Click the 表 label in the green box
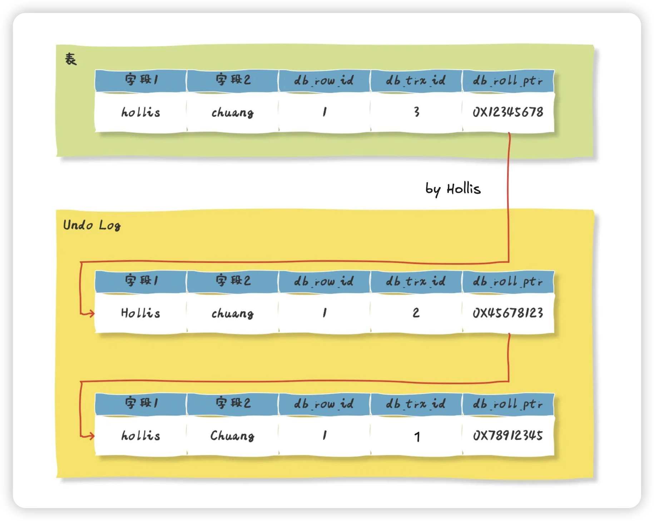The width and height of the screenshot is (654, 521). click(x=71, y=59)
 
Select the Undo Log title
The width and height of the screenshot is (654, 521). click(x=92, y=225)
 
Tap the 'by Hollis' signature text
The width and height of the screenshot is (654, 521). click(x=453, y=189)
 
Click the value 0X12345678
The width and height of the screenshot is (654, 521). click(x=508, y=112)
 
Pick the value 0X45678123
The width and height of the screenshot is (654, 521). click(x=508, y=313)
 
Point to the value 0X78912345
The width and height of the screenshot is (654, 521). click(x=508, y=436)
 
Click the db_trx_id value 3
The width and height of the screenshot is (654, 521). click(x=416, y=112)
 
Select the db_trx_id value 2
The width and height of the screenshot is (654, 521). click(x=416, y=313)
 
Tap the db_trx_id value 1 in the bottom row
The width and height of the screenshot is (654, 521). click(x=417, y=437)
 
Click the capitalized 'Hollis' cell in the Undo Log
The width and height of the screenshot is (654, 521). click(x=140, y=313)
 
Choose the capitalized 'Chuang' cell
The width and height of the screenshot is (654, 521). click(x=232, y=436)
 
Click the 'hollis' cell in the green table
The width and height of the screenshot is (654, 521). click(x=140, y=112)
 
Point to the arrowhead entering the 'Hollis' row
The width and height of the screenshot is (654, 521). click(x=91, y=313)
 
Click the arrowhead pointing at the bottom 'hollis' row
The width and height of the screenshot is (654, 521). click(x=91, y=436)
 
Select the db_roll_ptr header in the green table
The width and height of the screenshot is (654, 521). click(x=508, y=80)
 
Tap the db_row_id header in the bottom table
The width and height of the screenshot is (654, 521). click(x=324, y=404)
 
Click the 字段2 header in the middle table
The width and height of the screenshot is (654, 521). click(x=233, y=281)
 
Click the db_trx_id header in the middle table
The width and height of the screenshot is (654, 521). click(x=416, y=281)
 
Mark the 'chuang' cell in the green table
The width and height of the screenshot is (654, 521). click(x=232, y=113)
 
